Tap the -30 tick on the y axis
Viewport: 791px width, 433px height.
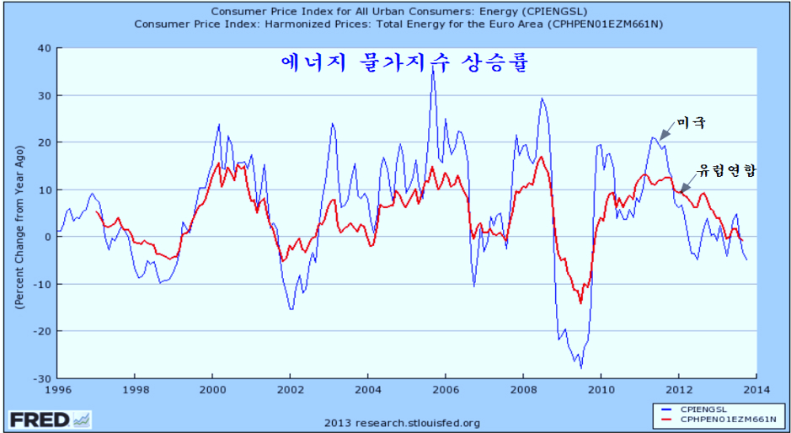41,377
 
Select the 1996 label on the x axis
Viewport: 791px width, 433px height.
56,390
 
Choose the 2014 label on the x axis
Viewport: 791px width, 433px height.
755,390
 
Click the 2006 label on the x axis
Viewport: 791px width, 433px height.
445,390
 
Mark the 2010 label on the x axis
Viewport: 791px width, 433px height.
600,390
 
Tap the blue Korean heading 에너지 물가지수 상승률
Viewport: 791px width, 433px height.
404,63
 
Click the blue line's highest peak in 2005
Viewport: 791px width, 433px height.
432,67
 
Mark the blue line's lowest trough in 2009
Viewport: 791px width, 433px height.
580,368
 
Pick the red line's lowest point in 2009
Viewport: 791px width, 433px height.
580,302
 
